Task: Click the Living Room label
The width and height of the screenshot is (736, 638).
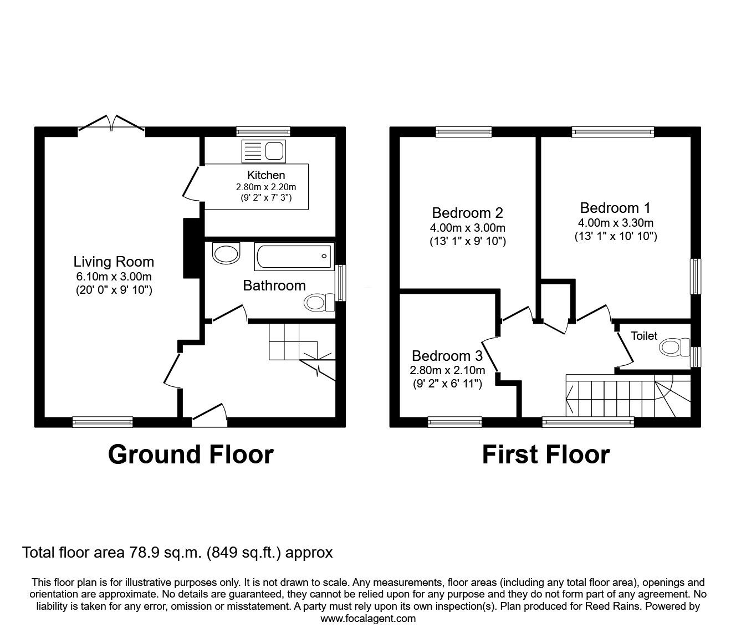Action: pos(114,262)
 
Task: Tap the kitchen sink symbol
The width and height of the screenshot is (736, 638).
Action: pos(263,151)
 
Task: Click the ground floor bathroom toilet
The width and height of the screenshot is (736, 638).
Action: pos(319,303)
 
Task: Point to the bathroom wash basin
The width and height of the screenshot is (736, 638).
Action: pos(226,253)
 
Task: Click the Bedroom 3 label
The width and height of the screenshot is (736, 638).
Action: pos(447,356)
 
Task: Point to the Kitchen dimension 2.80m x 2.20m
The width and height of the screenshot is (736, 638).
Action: pos(266,187)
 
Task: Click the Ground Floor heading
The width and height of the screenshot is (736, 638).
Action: pos(191,455)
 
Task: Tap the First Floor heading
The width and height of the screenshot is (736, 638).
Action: pos(545,455)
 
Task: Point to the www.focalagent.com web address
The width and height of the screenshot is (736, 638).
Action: pos(368,619)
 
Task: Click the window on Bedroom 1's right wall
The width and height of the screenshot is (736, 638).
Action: pos(694,276)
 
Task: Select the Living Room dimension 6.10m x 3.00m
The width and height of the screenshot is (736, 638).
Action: pos(114,277)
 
